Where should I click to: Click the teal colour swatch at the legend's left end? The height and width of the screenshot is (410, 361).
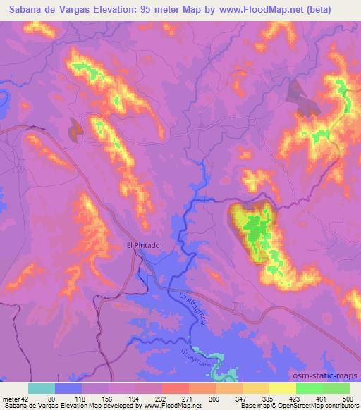(x=42, y=388)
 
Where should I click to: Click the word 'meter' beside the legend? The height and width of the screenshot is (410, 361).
(x=11, y=398)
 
